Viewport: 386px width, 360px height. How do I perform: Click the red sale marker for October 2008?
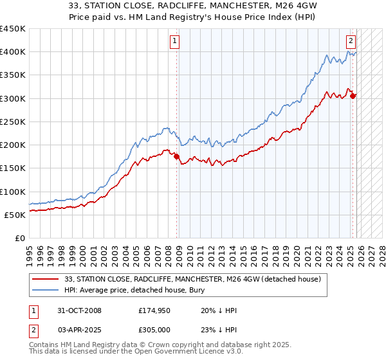[x=177, y=156]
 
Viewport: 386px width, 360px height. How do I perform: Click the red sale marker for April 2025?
[x=353, y=96]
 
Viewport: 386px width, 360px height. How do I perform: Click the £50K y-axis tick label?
[x=15, y=215]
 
